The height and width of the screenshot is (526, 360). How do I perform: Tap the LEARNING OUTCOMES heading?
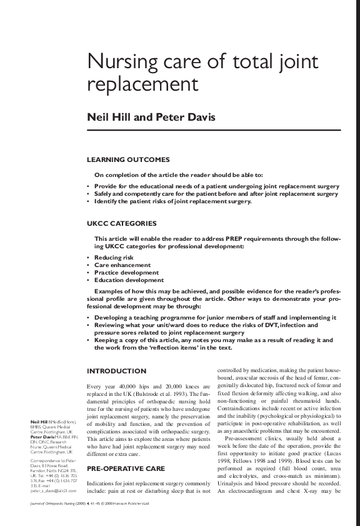click(x=128, y=160)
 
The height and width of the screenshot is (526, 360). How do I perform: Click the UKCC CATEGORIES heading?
click(x=122, y=223)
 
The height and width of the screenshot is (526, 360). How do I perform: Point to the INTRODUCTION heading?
click(x=116, y=371)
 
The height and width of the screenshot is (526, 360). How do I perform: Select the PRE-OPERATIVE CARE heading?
click(x=126, y=468)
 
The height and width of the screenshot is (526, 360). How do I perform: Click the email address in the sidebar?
click(x=54, y=491)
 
